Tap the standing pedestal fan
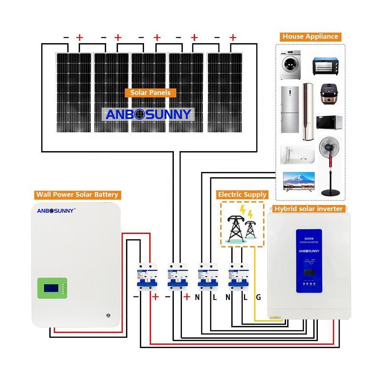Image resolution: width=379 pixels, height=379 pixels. (x=330, y=166)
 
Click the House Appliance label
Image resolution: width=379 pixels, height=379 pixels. (x=310, y=36)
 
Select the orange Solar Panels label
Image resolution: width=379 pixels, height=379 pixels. (x=150, y=92)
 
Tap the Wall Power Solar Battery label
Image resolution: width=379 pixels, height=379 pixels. (x=77, y=194)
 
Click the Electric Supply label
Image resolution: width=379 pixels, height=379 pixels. (x=242, y=194)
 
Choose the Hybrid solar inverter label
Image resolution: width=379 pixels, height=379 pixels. (x=309, y=208)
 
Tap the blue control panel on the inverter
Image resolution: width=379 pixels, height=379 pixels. (x=309, y=260)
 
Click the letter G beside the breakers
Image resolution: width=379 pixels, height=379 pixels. (x=258, y=297)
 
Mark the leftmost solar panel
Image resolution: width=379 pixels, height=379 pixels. (x=73, y=92)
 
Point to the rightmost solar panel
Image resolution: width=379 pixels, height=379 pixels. (x=225, y=92)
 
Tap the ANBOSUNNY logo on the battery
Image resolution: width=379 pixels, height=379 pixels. (x=56, y=211)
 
